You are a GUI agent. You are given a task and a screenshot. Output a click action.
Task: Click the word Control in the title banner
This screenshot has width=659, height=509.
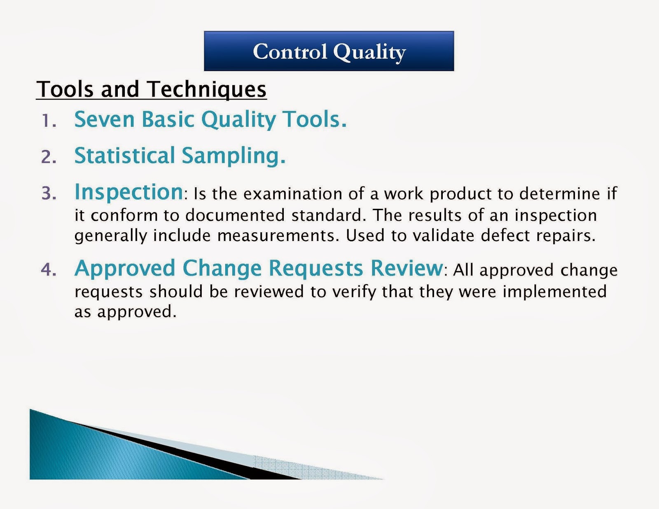pyautogui.click(x=290, y=51)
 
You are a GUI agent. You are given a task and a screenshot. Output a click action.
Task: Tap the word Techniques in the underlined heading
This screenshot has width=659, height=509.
pyautogui.click(x=208, y=90)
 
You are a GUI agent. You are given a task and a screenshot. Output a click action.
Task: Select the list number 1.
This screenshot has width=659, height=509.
pyautogui.click(x=49, y=121)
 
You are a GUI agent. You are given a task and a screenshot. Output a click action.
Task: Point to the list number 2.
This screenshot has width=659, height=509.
pyautogui.click(x=49, y=157)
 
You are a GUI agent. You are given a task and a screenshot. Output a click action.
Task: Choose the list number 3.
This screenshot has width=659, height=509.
pyautogui.click(x=49, y=194)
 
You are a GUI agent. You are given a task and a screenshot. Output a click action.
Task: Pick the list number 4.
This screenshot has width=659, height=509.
pyautogui.click(x=49, y=269)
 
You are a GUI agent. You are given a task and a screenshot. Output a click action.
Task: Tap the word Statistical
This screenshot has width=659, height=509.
pyautogui.click(x=125, y=155)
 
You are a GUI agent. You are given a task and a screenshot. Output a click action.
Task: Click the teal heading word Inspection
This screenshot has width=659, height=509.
pyautogui.click(x=129, y=193)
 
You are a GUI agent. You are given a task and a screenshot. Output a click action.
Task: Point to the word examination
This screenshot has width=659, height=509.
pyautogui.click(x=293, y=194)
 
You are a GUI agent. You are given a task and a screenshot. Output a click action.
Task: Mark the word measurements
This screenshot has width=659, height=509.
pyautogui.click(x=278, y=236)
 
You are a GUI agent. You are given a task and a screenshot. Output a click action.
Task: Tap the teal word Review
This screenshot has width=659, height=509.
pyautogui.click(x=407, y=268)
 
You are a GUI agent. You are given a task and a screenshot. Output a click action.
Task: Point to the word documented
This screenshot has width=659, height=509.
pyautogui.click(x=235, y=215)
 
